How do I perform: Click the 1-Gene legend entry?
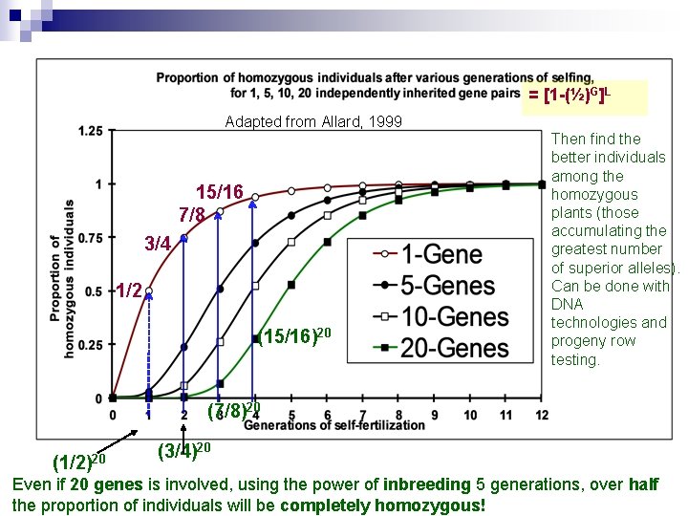tap(441, 255)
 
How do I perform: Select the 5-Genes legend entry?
tap(447, 286)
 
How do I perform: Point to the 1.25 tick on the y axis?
tap(91, 130)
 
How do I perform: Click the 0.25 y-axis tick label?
tap(91, 345)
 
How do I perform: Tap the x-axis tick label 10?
tap(470, 415)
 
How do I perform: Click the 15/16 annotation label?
tap(219, 192)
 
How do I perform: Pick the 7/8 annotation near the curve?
tap(192, 215)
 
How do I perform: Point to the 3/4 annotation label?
tap(158, 244)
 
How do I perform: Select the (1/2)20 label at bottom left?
tap(79, 462)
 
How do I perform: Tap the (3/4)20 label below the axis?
tap(183, 449)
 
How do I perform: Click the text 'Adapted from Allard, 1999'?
tap(313, 121)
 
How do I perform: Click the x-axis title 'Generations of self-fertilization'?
tap(334, 425)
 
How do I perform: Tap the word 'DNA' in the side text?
tap(569, 304)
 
